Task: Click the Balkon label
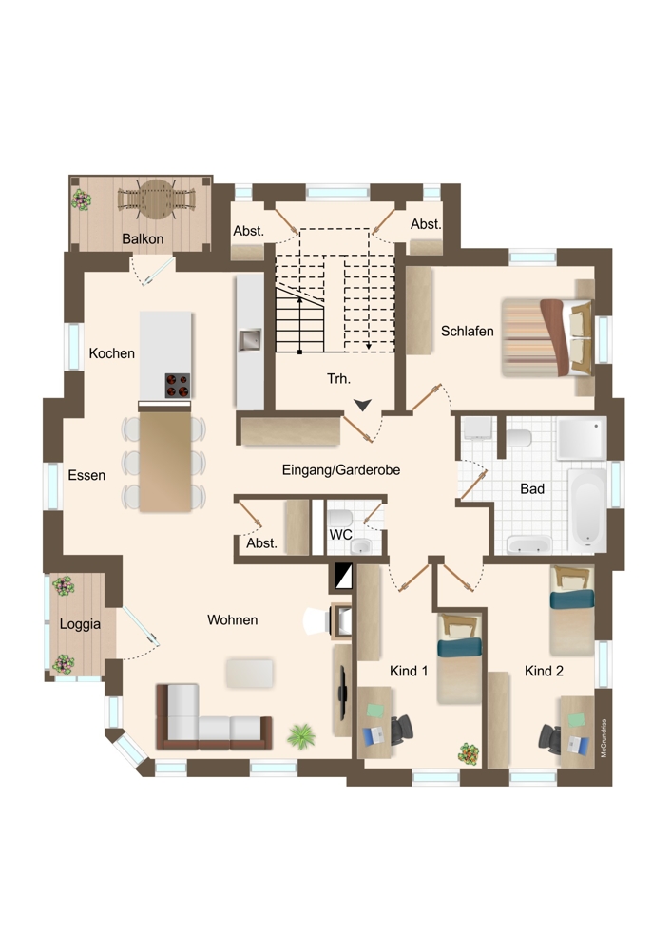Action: tap(143, 238)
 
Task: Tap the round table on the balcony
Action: tap(157, 199)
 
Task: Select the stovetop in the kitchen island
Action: tap(177, 386)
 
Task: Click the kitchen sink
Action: tap(249, 340)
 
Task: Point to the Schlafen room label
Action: tap(467, 331)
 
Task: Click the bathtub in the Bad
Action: tap(587, 507)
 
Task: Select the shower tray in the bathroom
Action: tap(581, 438)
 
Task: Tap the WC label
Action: tap(340, 535)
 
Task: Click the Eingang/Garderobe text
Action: tap(340, 469)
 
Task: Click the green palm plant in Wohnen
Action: tap(301, 737)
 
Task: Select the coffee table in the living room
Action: tap(250, 674)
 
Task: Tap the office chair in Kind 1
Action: tap(401, 729)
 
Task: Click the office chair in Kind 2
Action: tap(549, 738)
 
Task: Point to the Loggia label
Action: tap(80, 624)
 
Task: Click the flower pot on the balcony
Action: tap(81, 199)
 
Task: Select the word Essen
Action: tap(86, 475)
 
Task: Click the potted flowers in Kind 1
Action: tap(469, 753)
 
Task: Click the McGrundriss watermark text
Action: tap(604, 738)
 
